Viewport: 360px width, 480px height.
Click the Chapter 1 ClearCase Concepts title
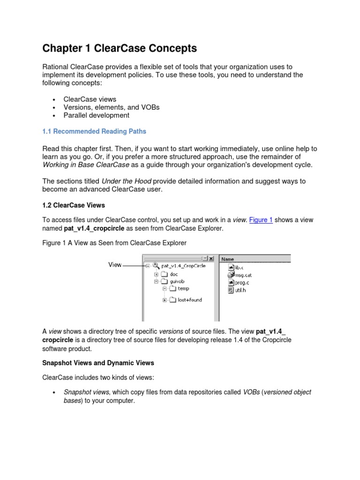[120, 48]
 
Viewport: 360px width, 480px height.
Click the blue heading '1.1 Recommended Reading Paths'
[94, 131]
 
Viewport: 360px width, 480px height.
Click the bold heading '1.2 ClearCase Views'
[74, 205]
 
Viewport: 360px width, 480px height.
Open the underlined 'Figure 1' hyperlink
[261, 220]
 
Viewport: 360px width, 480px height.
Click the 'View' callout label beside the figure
[115, 265]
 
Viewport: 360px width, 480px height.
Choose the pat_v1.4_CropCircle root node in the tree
[183, 265]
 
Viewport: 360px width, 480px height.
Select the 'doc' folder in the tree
[174, 274]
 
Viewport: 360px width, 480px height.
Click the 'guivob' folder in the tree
[177, 281]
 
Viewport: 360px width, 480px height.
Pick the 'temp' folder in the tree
[183, 289]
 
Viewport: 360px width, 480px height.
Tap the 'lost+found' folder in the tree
[189, 300]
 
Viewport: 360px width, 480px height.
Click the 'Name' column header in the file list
[227, 258]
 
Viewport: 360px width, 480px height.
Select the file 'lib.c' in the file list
[240, 267]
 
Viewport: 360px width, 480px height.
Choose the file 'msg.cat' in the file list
[243, 275]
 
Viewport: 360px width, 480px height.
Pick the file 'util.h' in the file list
[240, 290]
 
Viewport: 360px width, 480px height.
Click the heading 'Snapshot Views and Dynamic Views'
[98, 363]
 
